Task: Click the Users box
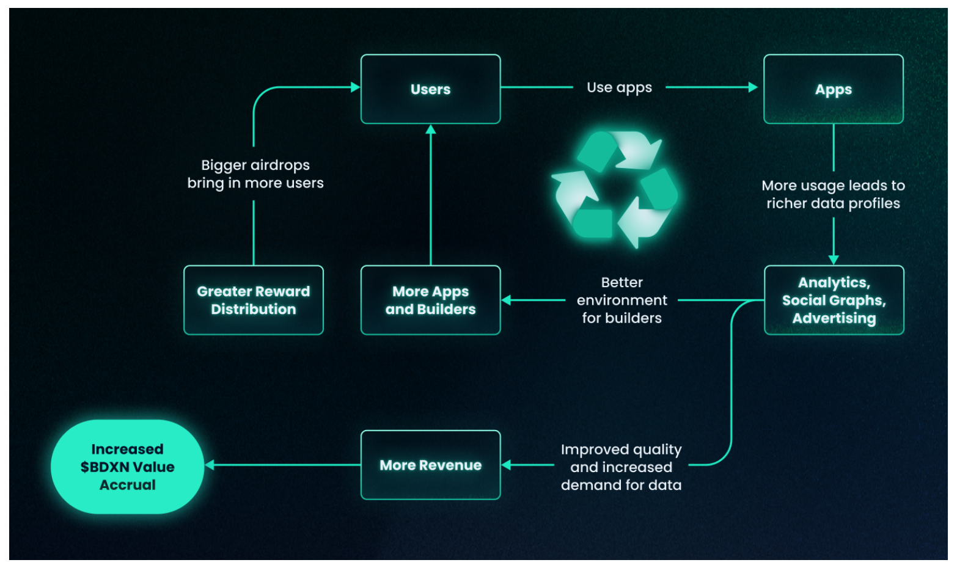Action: (x=430, y=89)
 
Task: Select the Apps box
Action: (x=833, y=89)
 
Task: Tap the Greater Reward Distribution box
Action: (x=253, y=300)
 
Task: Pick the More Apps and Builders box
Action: (x=430, y=300)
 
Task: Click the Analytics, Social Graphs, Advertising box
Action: (x=834, y=300)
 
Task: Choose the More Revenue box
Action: (x=430, y=465)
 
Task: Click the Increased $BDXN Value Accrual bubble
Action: (x=127, y=467)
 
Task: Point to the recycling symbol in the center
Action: (x=614, y=189)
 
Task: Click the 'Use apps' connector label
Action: (x=619, y=88)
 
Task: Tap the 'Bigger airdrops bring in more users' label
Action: (x=255, y=174)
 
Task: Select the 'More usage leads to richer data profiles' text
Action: (x=833, y=194)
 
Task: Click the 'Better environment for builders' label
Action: (x=621, y=300)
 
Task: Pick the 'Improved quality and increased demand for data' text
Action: (x=621, y=467)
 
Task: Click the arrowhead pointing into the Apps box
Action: (x=753, y=87)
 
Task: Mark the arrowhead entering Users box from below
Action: (x=431, y=129)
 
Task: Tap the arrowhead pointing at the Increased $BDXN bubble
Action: (x=210, y=465)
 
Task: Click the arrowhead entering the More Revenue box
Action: (x=506, y=465)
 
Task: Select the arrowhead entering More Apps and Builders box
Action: (x=506, y=300)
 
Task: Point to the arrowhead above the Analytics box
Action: (x=834, y=260)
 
